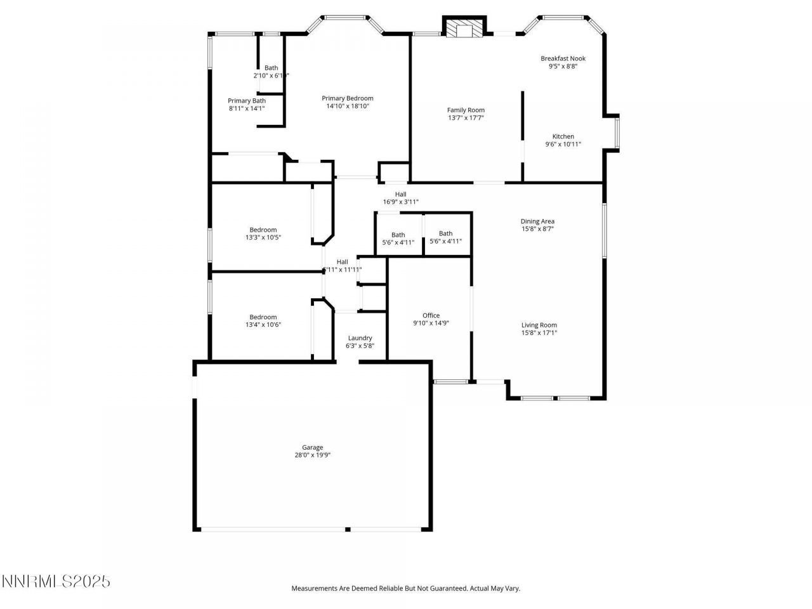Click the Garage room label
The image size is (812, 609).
pos(312,447)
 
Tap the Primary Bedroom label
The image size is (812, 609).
pos(347,98)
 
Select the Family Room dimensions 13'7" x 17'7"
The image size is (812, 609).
pos(466,118)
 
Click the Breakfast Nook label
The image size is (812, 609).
pos(563,58)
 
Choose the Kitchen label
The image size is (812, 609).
pos(563,136)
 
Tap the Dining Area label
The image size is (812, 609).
pos(537,221)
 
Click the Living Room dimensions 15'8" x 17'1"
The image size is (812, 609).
pos(539,332)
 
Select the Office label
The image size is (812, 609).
pos(431,315)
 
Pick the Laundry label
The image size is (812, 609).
pos(360,338)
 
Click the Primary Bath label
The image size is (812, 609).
pos(247,100)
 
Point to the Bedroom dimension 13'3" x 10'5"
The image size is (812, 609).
pos(263,237)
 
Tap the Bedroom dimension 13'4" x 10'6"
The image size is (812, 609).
pos(263,325)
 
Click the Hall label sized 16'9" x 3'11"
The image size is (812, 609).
pos(400,194)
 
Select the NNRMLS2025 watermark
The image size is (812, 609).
pos(56,581)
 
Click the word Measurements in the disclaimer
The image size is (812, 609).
pos(314,589)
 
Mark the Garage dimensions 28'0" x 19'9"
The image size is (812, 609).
pos(312,455)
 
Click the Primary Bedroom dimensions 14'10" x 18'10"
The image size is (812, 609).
pos(347,106)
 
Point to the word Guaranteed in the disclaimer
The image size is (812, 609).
pos(447,589)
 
